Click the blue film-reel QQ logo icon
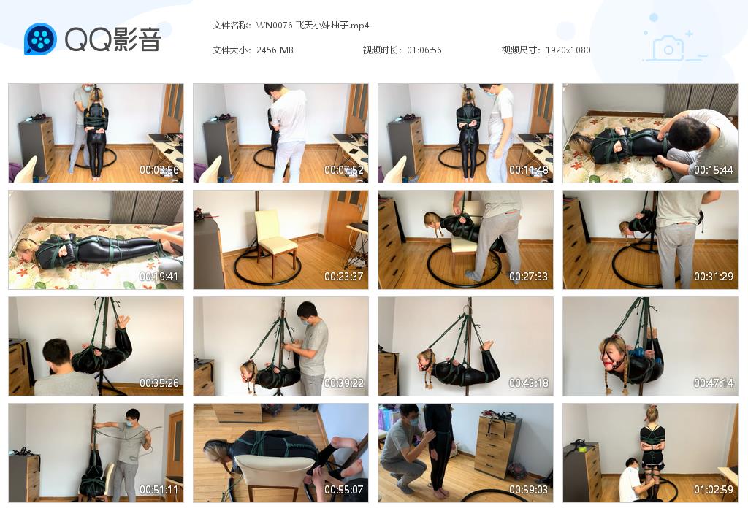pyautogui.click(x=40, y=39)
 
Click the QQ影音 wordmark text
pyautogui.click(x=112, y=39)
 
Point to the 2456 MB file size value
pyautogui.click(x=275, y=50)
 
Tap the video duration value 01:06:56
pyautogui.click(x=424, y=50)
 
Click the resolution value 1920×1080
pyautogui.click(x=568, y=50)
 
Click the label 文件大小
pyautogui.click(x=231, y=50)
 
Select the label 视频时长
pyautogui.click(x=381, y=50)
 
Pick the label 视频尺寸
pyautogui.click(x=520, y=50)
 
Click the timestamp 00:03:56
pyautogui.click(x=159, y=170)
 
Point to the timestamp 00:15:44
pyautogui.click(x=714, y=170)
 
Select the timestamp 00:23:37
pyautogui.click(x=344, y=277)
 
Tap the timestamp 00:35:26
pyautogui.click(x=159, y=383)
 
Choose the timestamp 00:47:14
pyautogui.click(x=714, y=383)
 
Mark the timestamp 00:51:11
pyautogui.click(x=159, y=490)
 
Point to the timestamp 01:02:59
pyautogui.click(x=714, y=490)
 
